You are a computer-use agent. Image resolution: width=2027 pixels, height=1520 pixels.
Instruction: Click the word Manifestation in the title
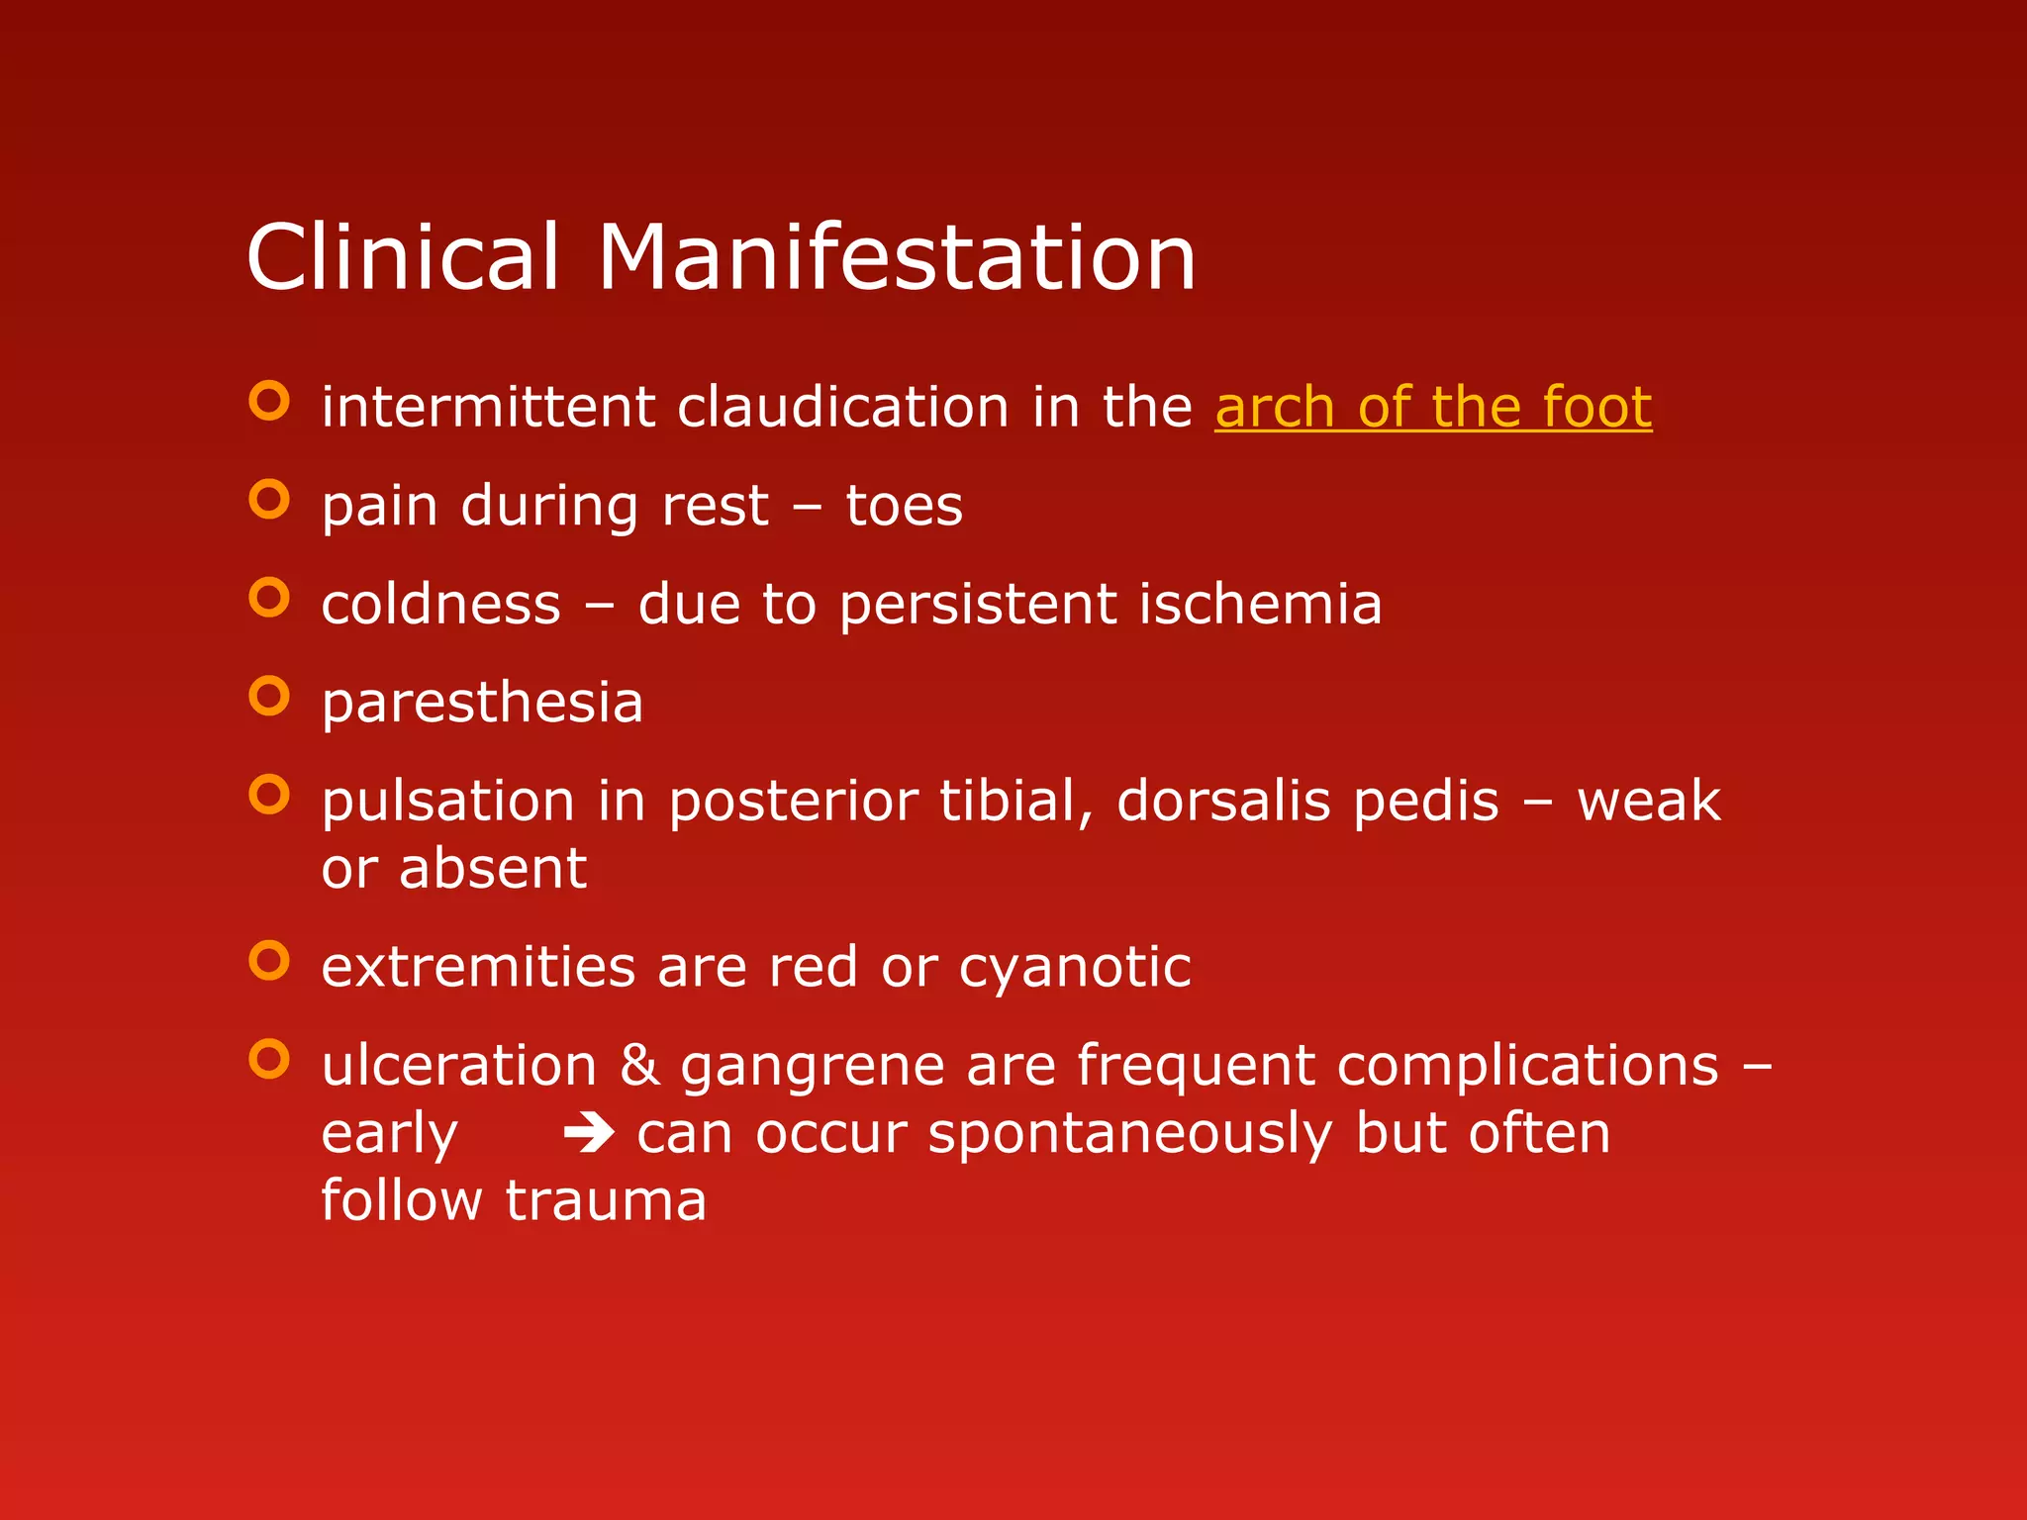coord(897,257)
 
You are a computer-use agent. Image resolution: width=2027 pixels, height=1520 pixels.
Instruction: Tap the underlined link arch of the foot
coord(1432,408)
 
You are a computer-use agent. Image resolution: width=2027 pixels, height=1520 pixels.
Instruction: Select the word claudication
coord(842,408)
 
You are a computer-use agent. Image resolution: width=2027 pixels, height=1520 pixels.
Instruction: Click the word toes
coord(904,507)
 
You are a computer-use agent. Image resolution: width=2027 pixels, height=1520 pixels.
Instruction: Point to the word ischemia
coord(1260,605)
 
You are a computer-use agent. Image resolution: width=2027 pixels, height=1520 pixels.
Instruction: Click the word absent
coord(493,869)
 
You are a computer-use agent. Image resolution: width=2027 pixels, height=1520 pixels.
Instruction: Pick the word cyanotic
coord(1075,968)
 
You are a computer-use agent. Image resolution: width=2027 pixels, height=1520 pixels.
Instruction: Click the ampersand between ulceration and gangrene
coord(639,1066)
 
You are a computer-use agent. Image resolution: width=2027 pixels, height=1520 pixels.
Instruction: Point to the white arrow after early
coord(589,1133)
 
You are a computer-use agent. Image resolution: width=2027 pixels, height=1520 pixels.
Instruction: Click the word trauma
coord(606,1200)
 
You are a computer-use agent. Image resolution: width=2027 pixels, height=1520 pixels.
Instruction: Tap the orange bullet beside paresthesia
coord(269,696)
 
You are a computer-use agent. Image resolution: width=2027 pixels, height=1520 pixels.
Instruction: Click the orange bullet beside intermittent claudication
coord(269,401)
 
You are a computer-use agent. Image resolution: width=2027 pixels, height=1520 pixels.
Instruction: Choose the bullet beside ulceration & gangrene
coord(269,1059)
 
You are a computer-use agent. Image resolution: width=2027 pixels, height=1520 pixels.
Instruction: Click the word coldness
coord(440,605)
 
